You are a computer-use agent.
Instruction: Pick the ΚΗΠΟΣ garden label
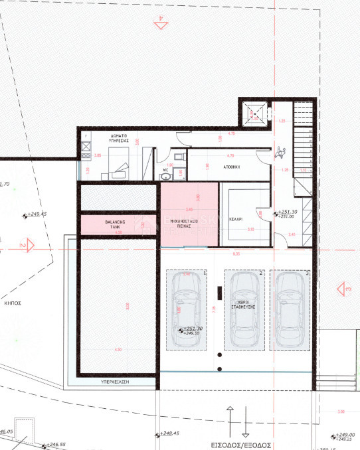(12, 302)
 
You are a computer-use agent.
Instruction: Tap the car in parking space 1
(185, 310)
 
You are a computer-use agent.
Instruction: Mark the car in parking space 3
(293, 310)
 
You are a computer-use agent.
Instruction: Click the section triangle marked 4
(160, 24)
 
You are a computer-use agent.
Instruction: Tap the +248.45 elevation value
(170, 433)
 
